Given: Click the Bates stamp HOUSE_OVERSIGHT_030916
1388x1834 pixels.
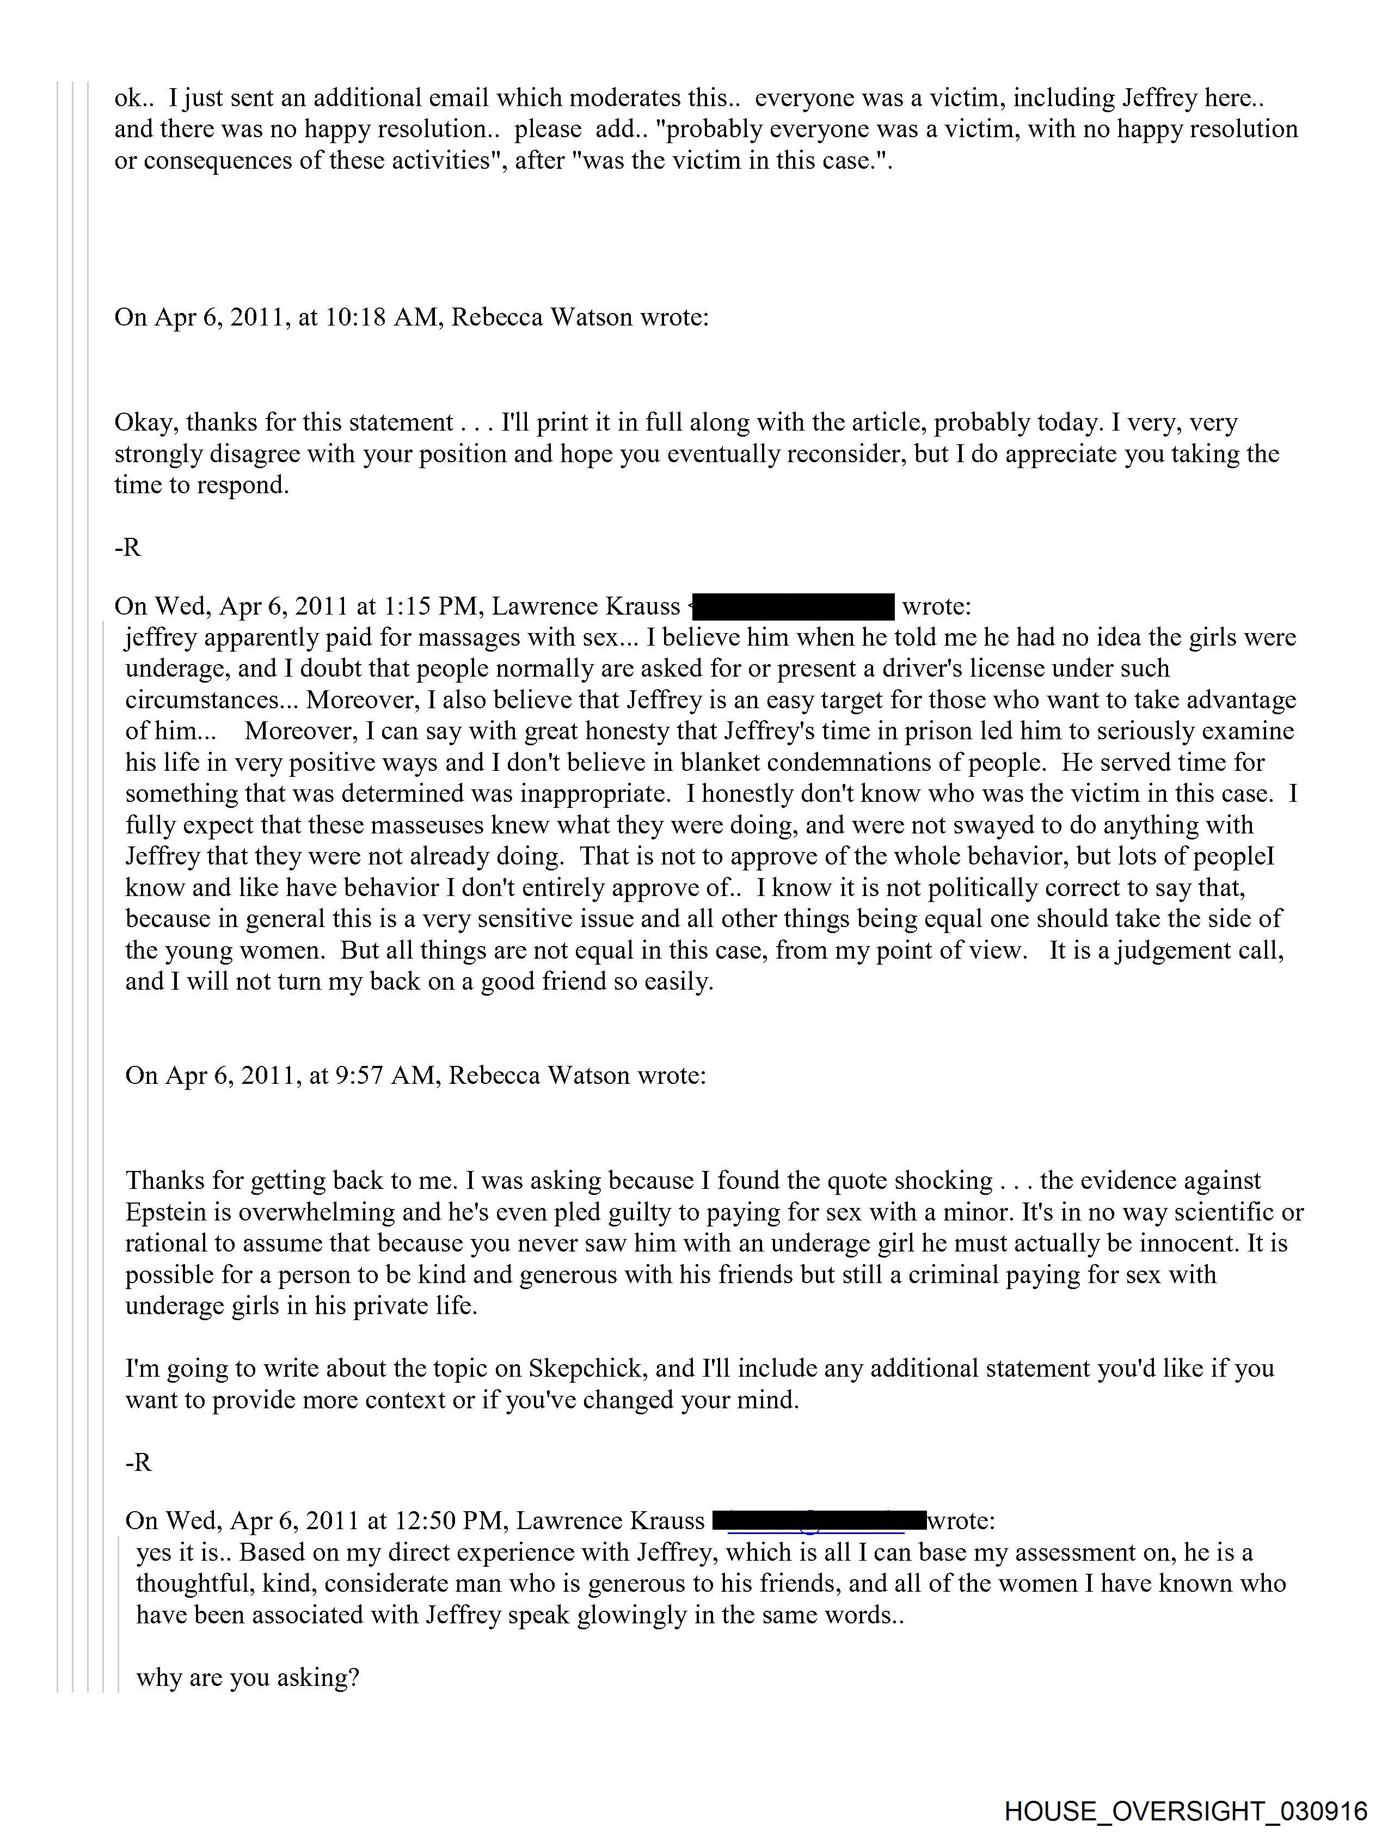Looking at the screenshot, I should [1186, 1810].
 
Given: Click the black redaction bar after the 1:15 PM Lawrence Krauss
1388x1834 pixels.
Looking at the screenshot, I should [793, 607].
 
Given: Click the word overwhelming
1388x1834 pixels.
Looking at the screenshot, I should [316, 1212].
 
